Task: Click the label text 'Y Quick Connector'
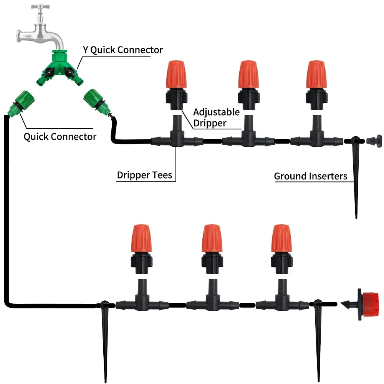click(x=123, y=50)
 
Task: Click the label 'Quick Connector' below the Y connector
click(x=60, y=136)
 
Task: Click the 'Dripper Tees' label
click(x=145, y=175)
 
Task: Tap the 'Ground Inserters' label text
click(x=310, y=176)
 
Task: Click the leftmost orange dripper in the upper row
click(x=177, y=75)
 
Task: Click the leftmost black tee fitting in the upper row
click(x=177, y=139)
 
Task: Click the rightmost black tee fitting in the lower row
click(x=282, y=303)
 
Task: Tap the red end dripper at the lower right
click(x=367, y=304)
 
